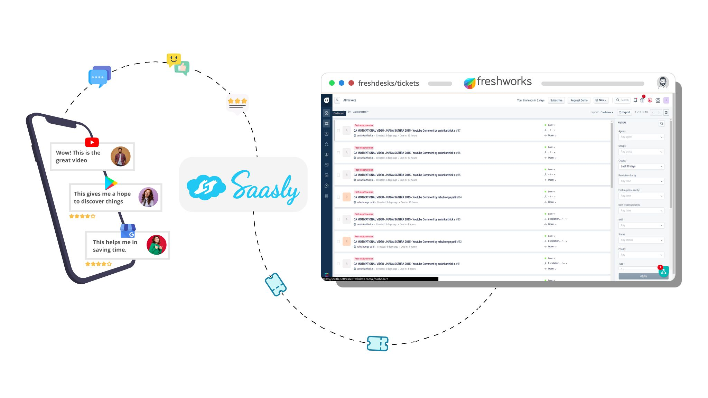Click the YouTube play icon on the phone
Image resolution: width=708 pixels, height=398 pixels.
[92, 142]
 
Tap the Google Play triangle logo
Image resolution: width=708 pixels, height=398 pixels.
[111, 183]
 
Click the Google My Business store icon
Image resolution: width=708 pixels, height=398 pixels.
[128, 230]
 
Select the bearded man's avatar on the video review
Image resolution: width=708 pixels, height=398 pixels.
[120, 156]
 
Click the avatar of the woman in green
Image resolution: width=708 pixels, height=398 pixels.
[157, 245]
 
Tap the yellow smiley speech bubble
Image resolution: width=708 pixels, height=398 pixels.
[173, 59]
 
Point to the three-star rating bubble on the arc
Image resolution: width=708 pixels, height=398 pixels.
[237, 102]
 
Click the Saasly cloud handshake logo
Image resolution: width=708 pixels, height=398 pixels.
[206, 187]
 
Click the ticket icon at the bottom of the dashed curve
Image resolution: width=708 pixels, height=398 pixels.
[378, 343]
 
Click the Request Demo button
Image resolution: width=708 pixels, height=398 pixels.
[579, 100]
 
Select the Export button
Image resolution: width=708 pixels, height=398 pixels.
[624, 112]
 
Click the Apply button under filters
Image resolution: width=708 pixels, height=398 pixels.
[643, 276]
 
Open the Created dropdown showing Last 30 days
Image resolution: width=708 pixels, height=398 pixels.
[641, 166]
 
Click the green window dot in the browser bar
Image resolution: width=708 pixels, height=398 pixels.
[332, 83]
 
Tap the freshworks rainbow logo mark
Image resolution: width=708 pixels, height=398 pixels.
[469, 83]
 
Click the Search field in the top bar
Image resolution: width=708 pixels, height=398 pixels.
[623, 100]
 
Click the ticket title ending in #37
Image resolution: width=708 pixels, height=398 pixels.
[407, 131]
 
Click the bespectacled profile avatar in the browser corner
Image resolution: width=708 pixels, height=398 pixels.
[663, 83]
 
